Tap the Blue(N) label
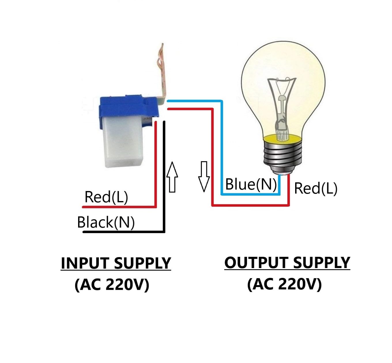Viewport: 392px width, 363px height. tap(251, 184)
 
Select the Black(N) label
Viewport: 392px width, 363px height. tap(106, 222)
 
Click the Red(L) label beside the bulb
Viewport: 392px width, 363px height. tap(316, 188)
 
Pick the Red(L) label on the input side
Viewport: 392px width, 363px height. tap(106, 197)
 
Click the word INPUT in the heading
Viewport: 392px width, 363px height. tap(85, 263)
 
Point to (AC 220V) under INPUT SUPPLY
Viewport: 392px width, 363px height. tap(112, 285)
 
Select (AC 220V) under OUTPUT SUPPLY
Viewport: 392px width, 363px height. tap(284, 284)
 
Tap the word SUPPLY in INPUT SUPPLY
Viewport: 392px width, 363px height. tap(142, 263)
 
